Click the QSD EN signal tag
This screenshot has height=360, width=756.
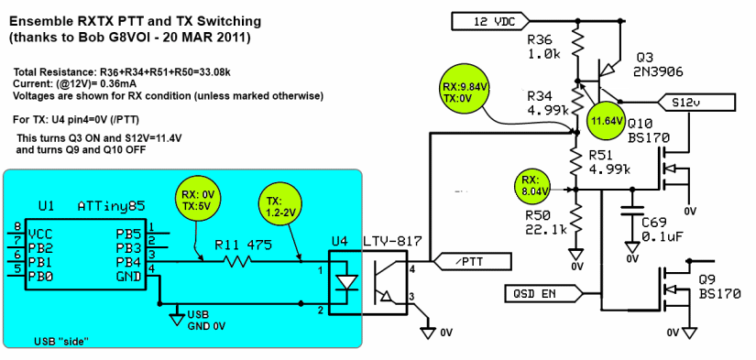(542, 294)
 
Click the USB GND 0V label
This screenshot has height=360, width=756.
(206, 322)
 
